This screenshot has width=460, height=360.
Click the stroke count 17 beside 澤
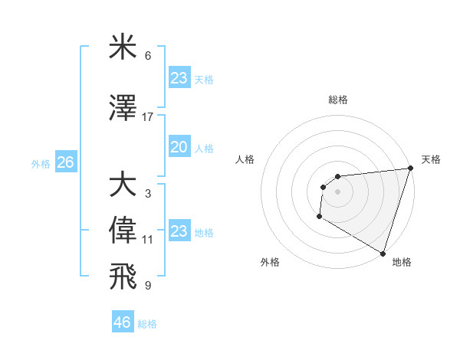click(148, 117)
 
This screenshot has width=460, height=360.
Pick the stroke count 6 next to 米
click(148, 56)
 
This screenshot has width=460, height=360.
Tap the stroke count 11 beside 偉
click(148, 240)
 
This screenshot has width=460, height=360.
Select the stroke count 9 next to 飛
click(148, 285)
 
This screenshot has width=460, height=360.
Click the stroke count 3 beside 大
click(148, 193)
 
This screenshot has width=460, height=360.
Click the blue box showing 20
click(179, 148)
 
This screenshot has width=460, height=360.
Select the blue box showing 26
click(66, 162)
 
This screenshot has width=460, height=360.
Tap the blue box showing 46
click(123, 322)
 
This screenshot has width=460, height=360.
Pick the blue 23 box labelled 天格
click(179, 78)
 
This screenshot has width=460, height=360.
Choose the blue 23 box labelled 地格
click(179, 231)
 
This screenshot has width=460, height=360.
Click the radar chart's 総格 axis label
click(338, 100)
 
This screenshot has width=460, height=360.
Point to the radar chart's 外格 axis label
click(270, 262)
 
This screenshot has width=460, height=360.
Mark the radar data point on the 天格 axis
click(410, 169)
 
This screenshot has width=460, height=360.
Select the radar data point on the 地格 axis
click(383, 253)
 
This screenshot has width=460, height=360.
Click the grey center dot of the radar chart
click(337, 191)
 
